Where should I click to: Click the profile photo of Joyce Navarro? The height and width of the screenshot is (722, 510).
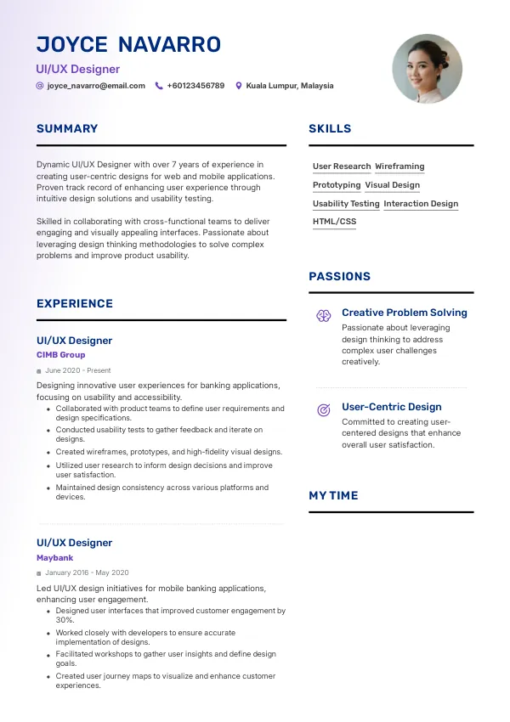427,70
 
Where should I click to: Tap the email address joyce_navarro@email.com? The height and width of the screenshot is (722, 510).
96,86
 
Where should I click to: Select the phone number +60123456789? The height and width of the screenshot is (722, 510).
195,86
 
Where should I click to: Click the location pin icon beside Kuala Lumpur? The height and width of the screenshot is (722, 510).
239,86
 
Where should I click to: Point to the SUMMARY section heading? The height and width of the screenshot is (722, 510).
67,129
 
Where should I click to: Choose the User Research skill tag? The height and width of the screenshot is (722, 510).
342,166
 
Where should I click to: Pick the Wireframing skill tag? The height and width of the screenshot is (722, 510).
399,166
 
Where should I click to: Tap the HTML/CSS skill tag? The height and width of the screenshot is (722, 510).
334,222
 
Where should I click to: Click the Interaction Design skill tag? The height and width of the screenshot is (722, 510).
421,204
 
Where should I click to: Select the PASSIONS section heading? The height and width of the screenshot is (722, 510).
339,277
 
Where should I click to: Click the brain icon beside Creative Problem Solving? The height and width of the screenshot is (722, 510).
324,316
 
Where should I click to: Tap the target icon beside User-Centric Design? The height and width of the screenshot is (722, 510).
324,410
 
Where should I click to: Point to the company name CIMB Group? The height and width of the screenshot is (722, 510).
61,355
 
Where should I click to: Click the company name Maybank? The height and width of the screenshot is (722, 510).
55,558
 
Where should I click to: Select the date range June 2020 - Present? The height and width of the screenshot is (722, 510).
77,371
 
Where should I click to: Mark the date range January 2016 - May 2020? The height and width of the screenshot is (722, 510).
87,573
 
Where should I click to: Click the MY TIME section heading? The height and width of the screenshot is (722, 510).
333,496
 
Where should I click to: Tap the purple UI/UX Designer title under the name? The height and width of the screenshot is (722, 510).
78,69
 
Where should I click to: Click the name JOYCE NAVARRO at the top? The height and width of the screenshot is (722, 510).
128,45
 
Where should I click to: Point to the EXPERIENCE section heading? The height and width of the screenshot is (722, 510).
75,304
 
